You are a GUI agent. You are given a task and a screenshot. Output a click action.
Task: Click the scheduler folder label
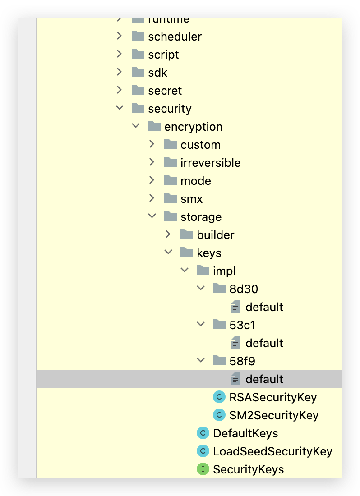pyautogui.click(x=175, y=37)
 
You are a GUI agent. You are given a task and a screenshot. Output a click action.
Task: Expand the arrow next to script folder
pyautogui.click(x=119, y=54)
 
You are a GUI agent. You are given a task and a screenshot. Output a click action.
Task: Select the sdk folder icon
pyautogui.click(x=138, y=72)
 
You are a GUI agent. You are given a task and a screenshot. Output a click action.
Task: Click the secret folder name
pyautogui.click(x=165, y=91)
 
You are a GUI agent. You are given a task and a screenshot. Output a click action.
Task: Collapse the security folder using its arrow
pyautogui.click(x=119, y=108)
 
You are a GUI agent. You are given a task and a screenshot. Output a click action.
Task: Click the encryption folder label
pyautogui.click(x=193, y=127)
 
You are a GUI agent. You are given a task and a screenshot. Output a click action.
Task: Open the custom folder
pyautogui.click(x=200, y=145)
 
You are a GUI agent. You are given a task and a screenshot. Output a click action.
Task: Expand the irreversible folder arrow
pyautogui.click(x=152, y=162)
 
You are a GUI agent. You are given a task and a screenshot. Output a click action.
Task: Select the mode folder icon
pyautogui.click(x=170, y=180)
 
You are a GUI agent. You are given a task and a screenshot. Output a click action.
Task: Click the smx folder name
pyautogui.click(x=191, y=199)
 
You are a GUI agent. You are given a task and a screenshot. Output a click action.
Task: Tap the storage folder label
pyautogui.click(x=201, y=217)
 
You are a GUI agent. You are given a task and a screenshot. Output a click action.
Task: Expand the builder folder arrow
pyautogui.click(x=168, y=234)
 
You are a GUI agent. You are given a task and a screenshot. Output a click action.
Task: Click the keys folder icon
pyautogui.click(x=186, y=253)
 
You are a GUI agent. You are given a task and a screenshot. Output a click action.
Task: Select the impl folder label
pyautogui.click(x=224, y=271)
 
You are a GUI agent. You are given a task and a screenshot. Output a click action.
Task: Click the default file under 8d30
pyautogui.click(x=264, y=307)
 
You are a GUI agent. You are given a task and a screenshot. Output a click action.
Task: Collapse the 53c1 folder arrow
pyautogui.click(x=201, y=325)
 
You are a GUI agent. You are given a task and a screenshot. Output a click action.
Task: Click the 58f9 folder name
pyautogui.click(x=242, y=361)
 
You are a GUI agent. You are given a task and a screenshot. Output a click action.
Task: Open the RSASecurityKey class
pyautogui.click(x=272, y=397)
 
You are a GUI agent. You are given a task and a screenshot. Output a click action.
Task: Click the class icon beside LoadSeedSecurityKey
pyautogui.click(x=203, y=451)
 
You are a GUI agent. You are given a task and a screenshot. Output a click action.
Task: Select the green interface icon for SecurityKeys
pyautogui.click(x=203, y=469)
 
